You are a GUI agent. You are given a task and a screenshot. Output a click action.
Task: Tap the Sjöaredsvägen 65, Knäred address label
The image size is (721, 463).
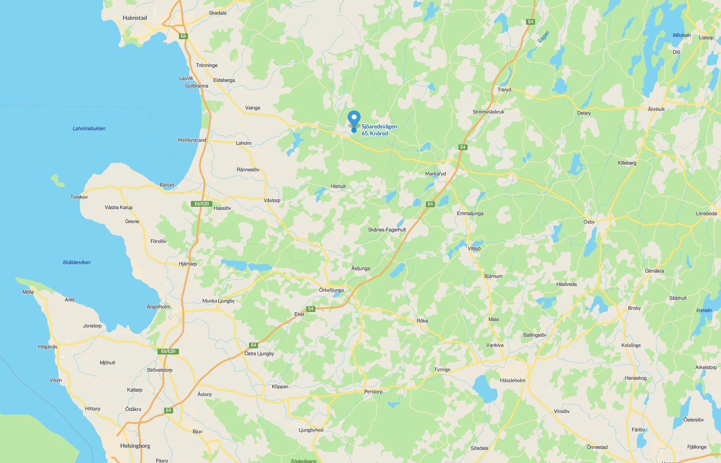[379, 130]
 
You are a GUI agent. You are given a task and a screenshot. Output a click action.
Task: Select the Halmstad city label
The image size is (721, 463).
[135, 18]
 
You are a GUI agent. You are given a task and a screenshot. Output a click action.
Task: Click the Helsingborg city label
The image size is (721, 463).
[135, 446]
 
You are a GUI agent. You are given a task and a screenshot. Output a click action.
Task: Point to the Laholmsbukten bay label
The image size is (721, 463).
[89, 129]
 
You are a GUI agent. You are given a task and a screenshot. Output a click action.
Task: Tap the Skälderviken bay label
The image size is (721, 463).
[76, 262]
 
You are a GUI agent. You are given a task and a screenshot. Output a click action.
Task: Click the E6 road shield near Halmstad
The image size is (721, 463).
[183, 36]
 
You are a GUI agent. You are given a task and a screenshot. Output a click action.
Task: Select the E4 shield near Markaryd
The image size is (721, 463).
[463, 147]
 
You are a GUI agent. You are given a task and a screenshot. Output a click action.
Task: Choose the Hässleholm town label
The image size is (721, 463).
[512, 380]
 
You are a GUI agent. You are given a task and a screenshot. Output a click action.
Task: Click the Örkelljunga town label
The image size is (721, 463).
[331, 290]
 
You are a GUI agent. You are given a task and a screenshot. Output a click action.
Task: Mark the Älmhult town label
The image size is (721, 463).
[656, 109]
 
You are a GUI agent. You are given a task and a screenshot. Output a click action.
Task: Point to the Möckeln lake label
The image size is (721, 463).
[681, 35]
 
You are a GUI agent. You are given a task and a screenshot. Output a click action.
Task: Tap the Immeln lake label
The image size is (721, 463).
[704, 311]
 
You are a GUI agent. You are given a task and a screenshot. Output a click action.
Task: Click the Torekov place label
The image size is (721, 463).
[79, 197]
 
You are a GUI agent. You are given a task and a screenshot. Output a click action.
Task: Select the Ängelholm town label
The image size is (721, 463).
[158, 307]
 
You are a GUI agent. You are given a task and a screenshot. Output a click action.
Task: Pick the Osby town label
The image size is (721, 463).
[589, 222]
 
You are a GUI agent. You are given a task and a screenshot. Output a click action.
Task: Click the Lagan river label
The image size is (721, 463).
[544, 37]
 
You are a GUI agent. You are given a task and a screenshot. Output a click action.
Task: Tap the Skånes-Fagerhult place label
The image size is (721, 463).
[387, 230]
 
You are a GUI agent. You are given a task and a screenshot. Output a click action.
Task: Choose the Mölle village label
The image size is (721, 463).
[28, 292]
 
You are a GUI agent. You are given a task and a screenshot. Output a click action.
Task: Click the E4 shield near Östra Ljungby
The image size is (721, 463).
[254, 345]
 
